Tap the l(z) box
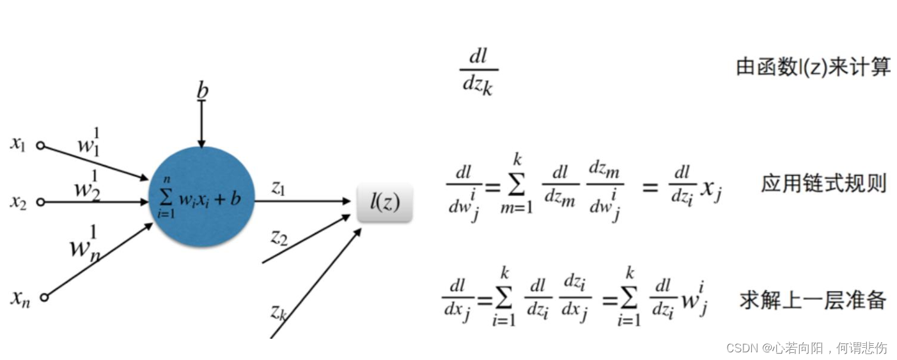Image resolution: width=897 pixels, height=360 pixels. pos(384,202)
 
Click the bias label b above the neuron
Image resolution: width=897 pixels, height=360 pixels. pos(202,91)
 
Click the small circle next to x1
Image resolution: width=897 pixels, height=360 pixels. pos(40,146)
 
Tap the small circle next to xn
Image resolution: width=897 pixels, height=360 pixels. pos(43,297)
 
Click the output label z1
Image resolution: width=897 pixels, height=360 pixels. pos(278,187)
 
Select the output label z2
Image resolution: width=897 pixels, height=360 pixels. pos(278,238)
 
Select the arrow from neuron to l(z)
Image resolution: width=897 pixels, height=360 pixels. pos(300,201)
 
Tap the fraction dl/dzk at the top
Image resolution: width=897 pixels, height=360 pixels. pos(478,72)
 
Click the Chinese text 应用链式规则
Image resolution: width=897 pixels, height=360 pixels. pos(823,184)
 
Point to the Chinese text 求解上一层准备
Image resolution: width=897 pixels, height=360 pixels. pos(813,300)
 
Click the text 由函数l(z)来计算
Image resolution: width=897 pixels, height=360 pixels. pos(813,67)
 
